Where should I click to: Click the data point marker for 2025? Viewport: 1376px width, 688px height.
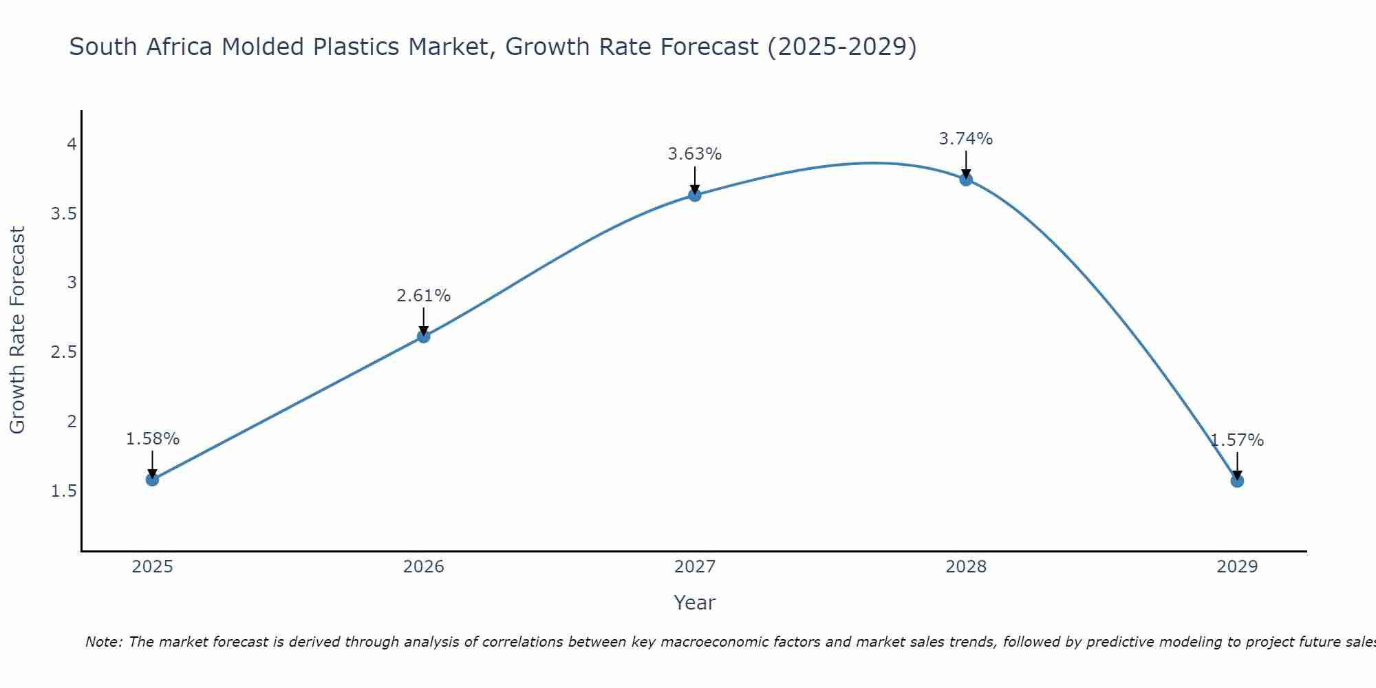(152, 480)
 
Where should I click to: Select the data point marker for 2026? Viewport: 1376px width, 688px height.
(424, 336)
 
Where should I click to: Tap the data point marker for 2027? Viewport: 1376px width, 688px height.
(695, 195)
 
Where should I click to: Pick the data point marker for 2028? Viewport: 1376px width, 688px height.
(966, 180)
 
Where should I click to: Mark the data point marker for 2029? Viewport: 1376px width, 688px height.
(1237, 481)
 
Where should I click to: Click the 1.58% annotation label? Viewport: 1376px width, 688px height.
(153, 439)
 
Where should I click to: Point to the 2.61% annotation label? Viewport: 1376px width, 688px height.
(424, 296)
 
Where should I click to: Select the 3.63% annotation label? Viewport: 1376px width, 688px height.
(695, 154)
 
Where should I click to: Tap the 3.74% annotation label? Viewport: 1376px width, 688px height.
(966, 139)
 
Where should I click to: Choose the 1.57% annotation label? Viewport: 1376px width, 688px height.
(1237, 440)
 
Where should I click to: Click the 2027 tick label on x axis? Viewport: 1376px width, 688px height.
(695, 567)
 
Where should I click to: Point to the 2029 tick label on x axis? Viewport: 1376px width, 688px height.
(1237, 567)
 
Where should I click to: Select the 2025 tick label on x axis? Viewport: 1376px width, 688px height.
(153, 567)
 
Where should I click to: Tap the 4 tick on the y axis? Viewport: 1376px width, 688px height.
(71, 144)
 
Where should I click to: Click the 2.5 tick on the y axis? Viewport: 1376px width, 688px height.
(64, 352)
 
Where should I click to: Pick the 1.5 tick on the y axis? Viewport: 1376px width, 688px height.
(64, 491)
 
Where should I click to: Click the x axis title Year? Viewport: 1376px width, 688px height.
(695, 603)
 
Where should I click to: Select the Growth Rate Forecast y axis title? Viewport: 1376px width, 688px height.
(17, 330)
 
